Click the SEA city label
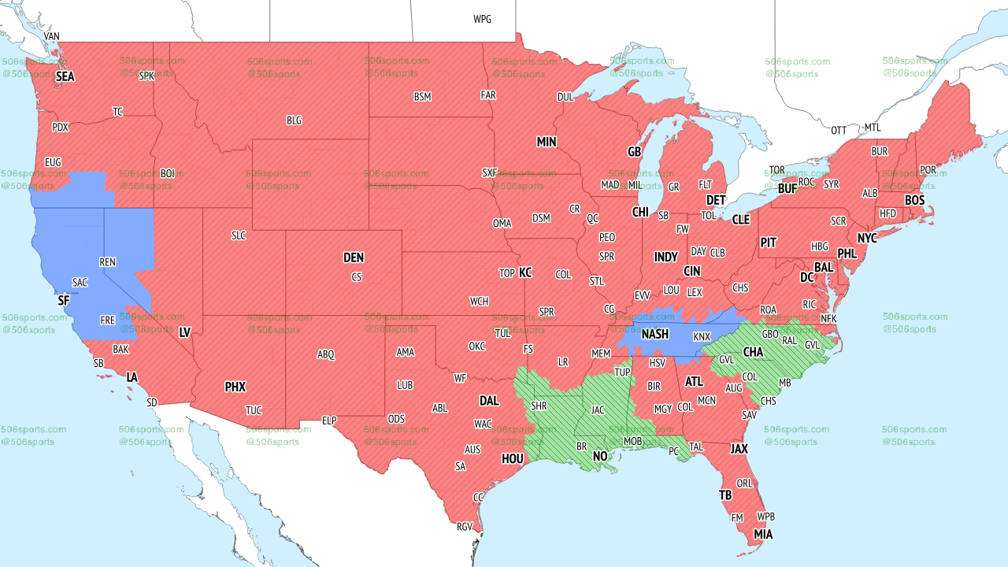point(65,76)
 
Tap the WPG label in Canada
point(482,19)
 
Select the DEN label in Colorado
point(354,258)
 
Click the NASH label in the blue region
point(654,335)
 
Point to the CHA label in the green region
point(753,351)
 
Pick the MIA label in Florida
point(763,534)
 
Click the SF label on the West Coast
point(64,300)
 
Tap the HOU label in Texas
point(513,458)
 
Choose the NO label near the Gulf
point(600,457)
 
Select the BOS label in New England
point(914,201)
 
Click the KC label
point(525,272)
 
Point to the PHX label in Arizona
point(235,387)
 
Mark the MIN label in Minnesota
point(547,142)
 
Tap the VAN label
point(51,36)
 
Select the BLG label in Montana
point(294,120)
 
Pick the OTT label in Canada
point(839,130)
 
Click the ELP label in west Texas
point(329,421)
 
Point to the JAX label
point(739,448)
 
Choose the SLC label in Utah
point(239,235)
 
